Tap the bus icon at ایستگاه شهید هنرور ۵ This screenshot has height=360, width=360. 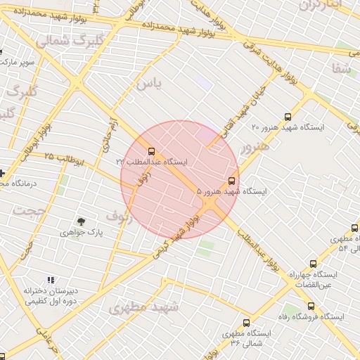pos(232,181)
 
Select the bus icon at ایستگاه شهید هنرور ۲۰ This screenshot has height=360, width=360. pos(287,117)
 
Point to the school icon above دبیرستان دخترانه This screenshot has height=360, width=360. pos(50,280)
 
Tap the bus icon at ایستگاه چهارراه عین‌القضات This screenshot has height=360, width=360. pos(313,264)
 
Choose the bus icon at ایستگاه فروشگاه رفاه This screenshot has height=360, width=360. pos(311,307)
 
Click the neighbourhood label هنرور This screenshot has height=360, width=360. pos(254,146)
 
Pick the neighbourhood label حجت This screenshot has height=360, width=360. pos(30,210)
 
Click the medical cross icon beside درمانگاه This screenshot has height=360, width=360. pos(2,173)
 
